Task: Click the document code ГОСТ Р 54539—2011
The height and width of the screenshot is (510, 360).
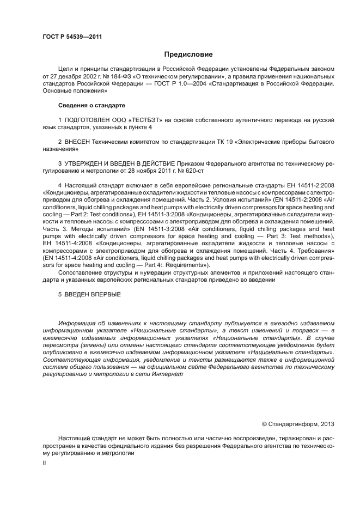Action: point(72,37)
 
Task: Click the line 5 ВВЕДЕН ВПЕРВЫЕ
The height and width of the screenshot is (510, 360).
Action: point(89,294)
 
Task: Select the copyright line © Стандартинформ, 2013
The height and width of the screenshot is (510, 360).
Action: point(297,423)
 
